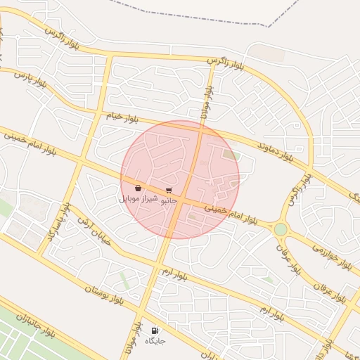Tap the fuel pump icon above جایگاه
[155, 330]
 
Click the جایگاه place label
[155, 341]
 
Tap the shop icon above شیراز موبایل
[138, 188]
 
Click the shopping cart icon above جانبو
[169, 190]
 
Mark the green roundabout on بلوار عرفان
[281, 229]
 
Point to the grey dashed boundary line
[281, 18]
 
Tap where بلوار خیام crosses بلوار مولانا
[202, 127]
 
